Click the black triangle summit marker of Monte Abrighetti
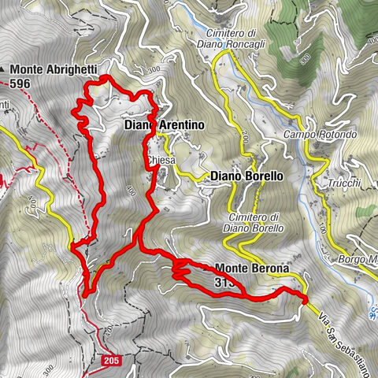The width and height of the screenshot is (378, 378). point(4,69)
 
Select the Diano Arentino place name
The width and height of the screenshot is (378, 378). point(165,125)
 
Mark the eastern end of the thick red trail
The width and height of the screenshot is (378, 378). point(306,298)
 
